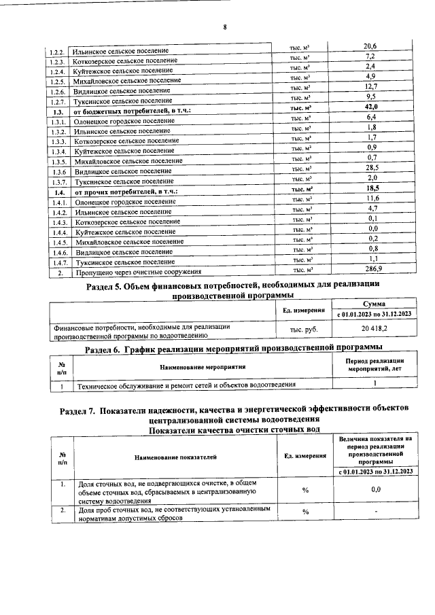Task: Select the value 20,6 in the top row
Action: (370, 46)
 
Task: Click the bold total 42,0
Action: (371, 107)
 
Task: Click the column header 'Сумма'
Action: (375, 304)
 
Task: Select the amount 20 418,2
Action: (375, 329)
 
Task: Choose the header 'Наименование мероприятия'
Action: (203, 367)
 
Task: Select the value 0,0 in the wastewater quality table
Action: (376, 488)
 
